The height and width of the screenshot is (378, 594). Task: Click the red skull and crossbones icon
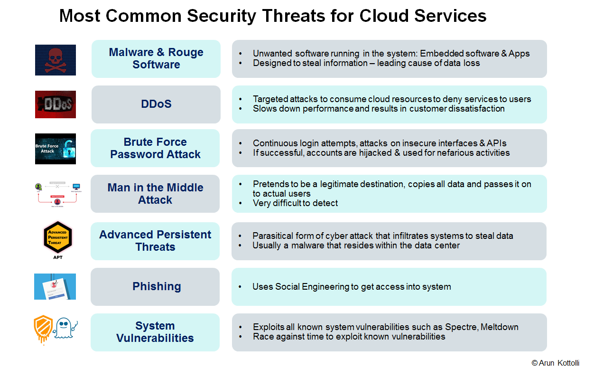point(55,60)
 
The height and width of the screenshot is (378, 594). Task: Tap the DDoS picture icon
point(55,104)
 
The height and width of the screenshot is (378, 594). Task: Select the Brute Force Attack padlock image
point(55,149)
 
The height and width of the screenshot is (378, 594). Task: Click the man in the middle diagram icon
point(55,194)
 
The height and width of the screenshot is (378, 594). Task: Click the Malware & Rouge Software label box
point(156,58)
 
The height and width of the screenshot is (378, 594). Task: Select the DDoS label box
point(156,104)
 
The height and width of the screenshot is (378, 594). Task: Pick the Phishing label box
point(155,286)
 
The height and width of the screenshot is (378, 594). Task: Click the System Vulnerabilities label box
point(155,332)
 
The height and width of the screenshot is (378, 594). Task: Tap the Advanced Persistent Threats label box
point(155,241)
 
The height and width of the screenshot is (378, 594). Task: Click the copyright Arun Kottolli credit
point(555,363)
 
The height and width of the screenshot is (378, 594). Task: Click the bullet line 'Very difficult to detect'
point(295,203)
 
